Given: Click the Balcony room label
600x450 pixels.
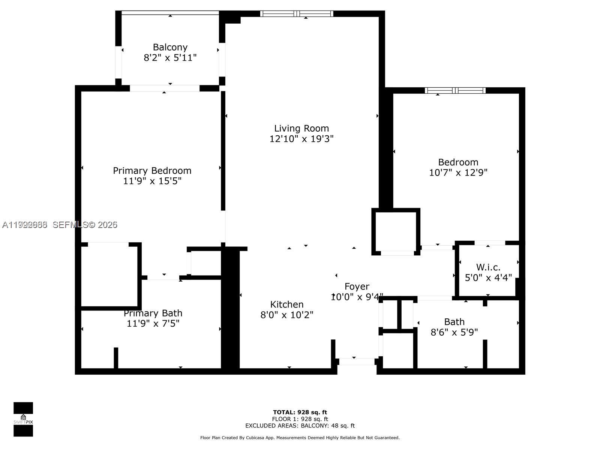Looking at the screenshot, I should point(170,47).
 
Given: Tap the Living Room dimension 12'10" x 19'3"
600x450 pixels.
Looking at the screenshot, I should point(301,139).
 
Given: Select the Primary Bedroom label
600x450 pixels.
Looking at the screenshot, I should point(152,171).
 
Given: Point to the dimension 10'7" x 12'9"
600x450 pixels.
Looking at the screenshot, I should point(458,172).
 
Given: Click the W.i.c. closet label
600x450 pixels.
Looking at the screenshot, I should point(488,267).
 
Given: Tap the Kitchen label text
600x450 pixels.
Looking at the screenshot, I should point(287,304).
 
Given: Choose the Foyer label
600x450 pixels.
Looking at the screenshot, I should point(357,286).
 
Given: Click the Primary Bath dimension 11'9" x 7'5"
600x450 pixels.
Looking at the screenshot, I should point(153,323).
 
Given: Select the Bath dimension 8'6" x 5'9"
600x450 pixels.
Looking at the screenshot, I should point(454,332).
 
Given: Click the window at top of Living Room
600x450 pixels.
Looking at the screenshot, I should point(297,14).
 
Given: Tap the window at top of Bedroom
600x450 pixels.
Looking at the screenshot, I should point(455,90).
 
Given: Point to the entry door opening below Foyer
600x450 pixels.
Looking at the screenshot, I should point(357,362).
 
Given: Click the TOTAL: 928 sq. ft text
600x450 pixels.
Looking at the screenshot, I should point(300,412).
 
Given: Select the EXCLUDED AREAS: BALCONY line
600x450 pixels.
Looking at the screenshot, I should point(300,426).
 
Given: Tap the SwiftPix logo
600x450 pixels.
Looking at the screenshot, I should point(23,419).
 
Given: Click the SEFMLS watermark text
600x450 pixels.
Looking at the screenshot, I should point(85,225).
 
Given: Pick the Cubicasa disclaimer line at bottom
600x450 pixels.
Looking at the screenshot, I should point(300,438).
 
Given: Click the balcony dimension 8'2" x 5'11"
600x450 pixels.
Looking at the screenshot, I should point(170,58).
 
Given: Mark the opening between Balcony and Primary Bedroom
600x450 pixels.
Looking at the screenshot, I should point(165,88).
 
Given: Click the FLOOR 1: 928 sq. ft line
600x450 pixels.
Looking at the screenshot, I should point(300,419).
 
